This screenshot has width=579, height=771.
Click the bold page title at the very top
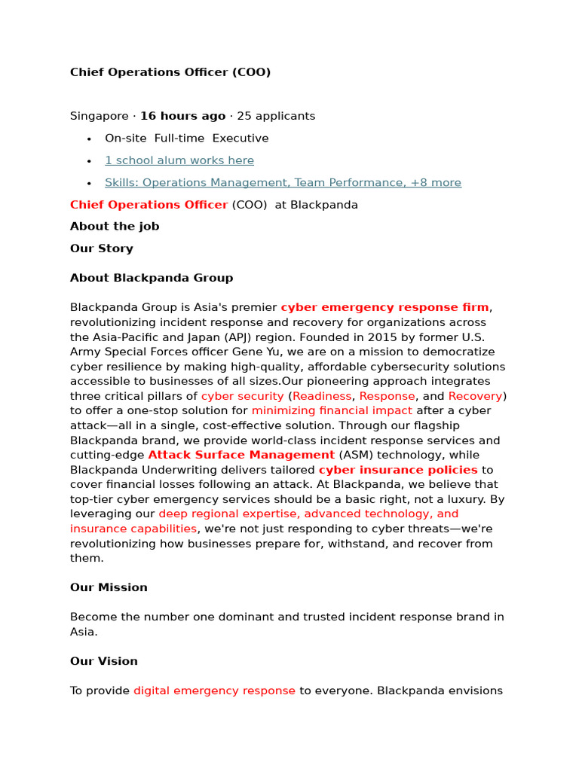point(170,72)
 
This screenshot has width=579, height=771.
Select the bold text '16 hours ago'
point(182,116)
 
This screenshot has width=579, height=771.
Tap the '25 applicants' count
point(276,116)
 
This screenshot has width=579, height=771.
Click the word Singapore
point(99,116)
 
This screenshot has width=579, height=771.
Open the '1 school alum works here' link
point(179,160)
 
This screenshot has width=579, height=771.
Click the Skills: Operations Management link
point(283,183)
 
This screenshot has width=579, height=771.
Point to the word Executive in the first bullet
point(240,139)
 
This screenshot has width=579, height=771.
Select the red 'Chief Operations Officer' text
point(149,205)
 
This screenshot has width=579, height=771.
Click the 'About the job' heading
point(115,227)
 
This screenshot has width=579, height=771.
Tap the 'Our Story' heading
point(102,248)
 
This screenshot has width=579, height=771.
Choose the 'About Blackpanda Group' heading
point(152,278)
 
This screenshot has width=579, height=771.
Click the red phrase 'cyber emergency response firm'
point(384,307)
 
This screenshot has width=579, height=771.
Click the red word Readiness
point(322,396)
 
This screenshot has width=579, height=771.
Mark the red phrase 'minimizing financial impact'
point(332,410)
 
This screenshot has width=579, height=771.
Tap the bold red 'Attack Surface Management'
point(241,455)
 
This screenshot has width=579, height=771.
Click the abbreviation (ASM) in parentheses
point(356,455)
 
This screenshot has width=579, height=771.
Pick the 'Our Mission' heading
point(109,587)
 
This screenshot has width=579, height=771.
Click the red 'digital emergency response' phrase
point(214,690)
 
